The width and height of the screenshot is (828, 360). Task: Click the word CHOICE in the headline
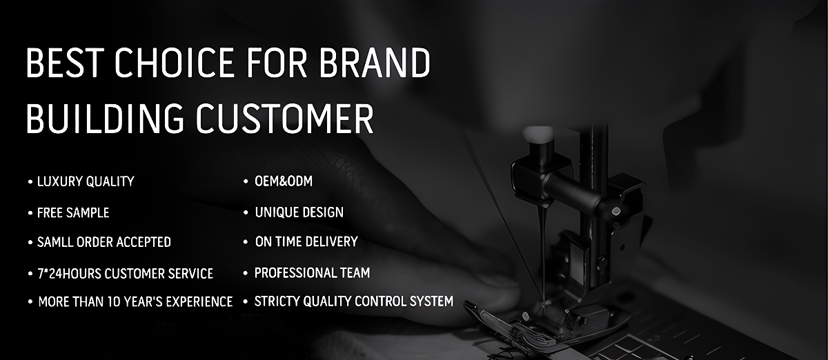174,63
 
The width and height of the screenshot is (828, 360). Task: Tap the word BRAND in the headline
375,63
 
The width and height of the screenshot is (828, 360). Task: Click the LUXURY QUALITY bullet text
86,181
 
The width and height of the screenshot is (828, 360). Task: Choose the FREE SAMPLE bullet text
73,213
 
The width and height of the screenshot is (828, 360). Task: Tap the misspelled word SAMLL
55,242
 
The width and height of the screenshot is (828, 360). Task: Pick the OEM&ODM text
284,181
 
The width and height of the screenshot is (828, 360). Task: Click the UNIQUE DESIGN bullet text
299,212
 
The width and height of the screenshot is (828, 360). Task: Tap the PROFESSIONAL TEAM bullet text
313,273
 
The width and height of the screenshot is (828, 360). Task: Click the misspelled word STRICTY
277,301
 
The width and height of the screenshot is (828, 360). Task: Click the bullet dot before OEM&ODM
246,181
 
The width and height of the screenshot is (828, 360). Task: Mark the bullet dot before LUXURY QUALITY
30,182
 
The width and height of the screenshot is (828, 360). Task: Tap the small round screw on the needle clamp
615,212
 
